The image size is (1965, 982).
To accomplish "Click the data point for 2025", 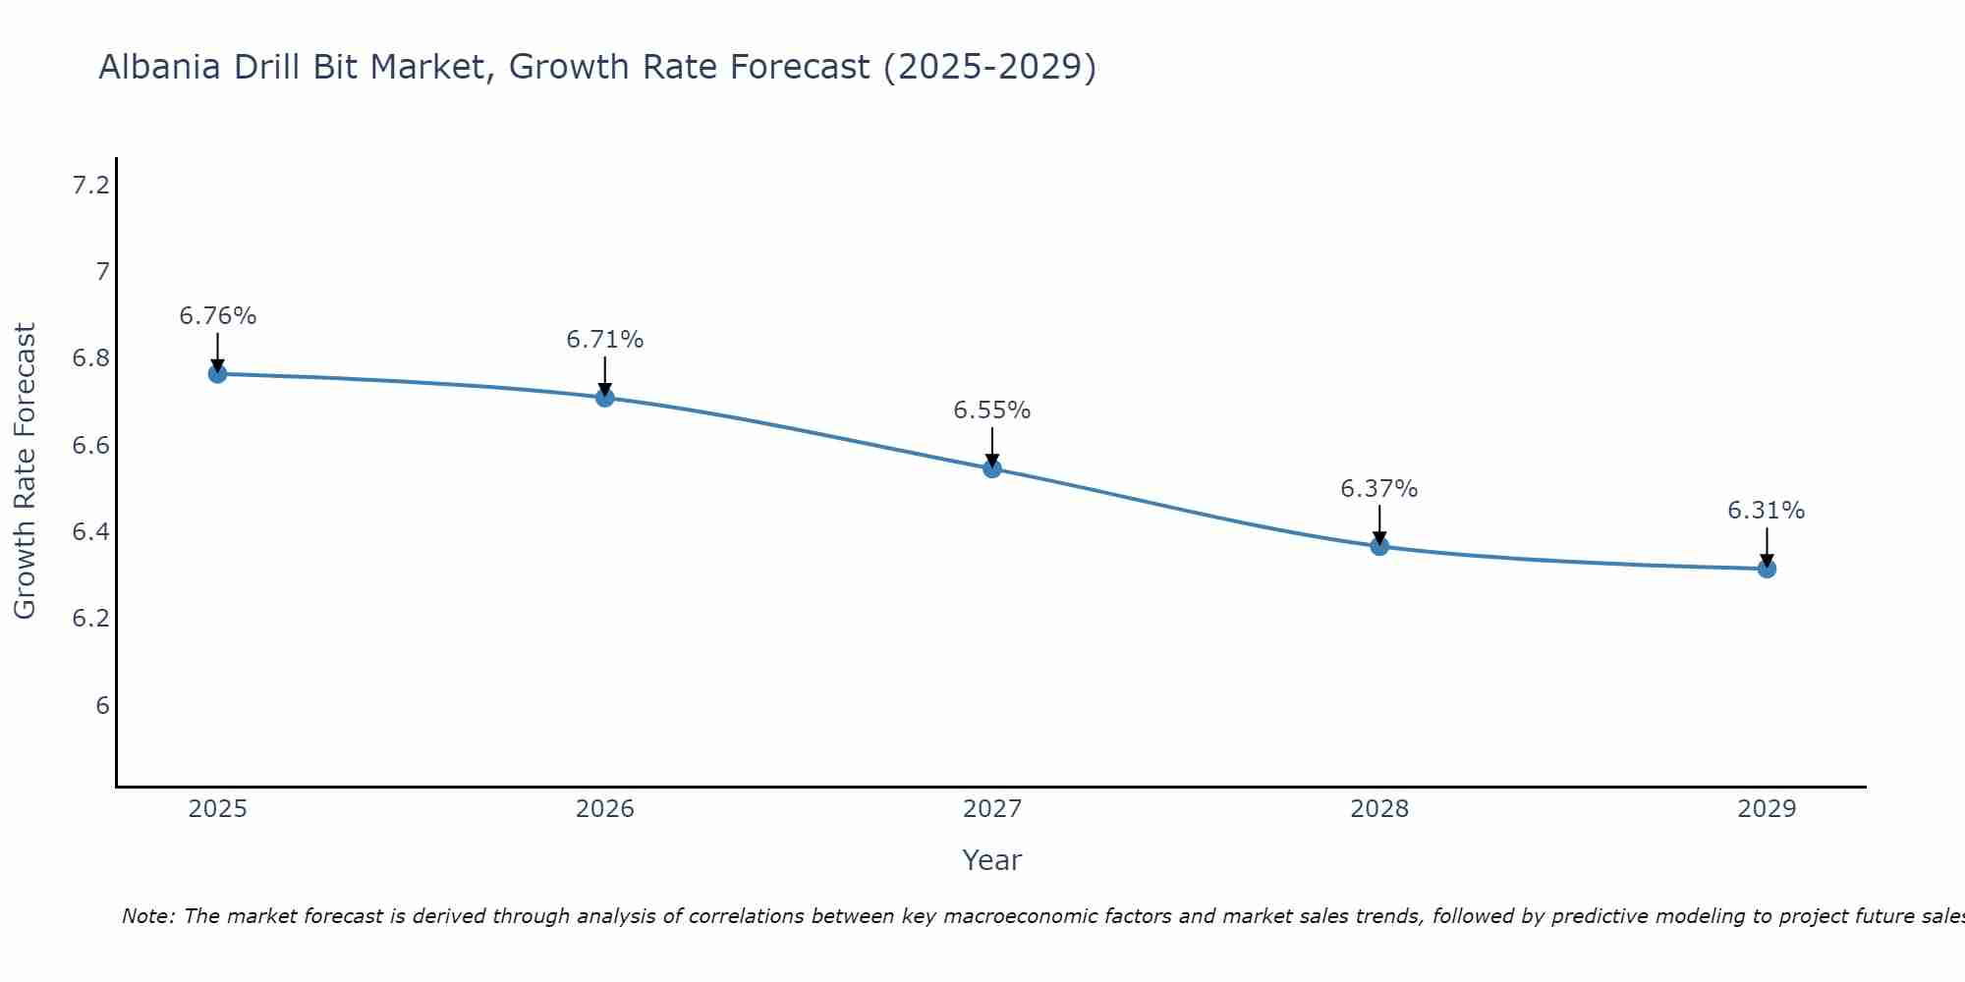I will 217,374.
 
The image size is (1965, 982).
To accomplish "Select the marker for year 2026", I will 605,398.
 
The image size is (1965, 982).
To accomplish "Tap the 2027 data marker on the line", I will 992,468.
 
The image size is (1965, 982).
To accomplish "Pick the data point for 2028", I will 1379,546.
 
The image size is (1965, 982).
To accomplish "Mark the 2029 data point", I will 1767,569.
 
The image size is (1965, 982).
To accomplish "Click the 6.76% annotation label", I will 217,316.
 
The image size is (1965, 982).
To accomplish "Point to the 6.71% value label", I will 605,340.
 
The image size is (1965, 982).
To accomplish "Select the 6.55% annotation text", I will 992,410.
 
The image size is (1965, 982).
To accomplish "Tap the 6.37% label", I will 1379,489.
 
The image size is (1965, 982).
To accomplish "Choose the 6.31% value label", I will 1767,511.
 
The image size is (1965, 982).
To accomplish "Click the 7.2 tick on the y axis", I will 91,185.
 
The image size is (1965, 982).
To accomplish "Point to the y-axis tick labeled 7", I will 102,271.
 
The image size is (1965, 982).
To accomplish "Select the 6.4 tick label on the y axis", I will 91,532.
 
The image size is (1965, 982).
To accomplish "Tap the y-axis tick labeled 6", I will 102,706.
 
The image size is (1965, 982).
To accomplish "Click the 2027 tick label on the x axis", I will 992,809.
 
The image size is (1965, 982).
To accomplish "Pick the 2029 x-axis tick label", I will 1767,809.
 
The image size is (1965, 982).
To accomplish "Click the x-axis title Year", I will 992,860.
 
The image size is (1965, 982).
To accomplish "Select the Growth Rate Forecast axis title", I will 25,471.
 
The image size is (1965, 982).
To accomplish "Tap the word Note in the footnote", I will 147,916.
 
